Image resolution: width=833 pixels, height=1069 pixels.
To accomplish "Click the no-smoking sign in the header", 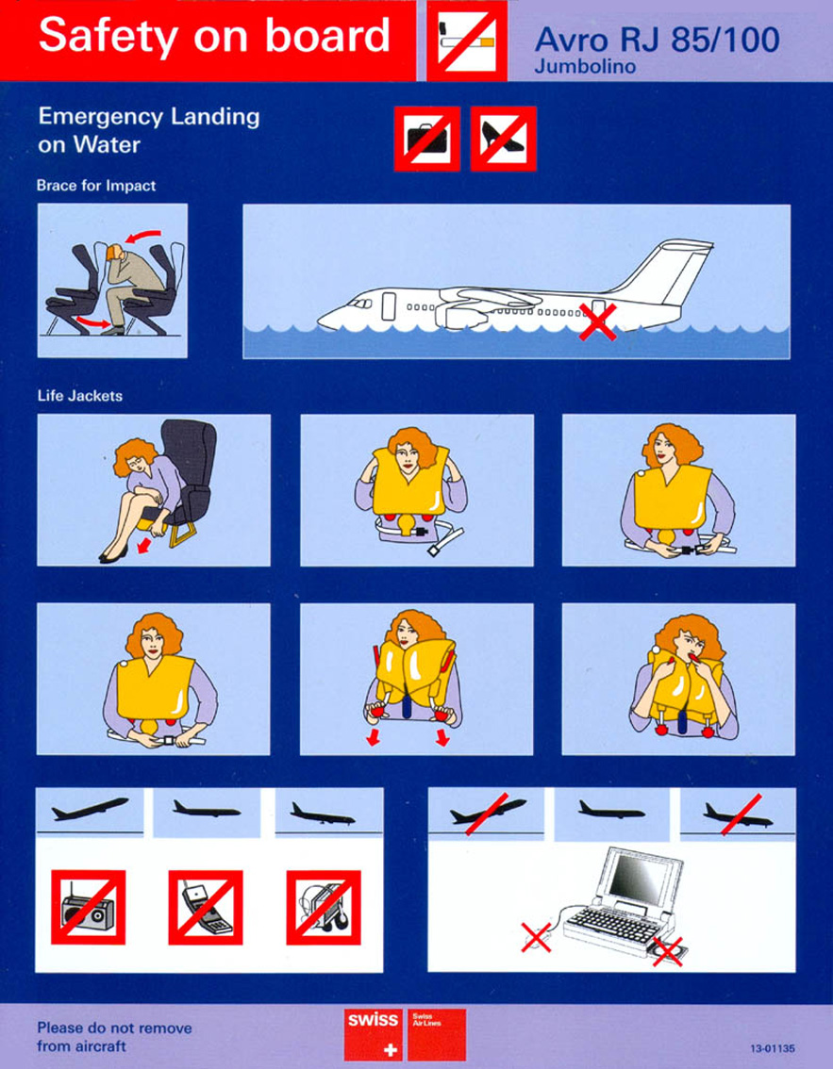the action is point(467,41).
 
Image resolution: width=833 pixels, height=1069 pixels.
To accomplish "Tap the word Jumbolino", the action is point(585,67).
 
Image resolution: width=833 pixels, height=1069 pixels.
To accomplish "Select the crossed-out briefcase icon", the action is point(427,139).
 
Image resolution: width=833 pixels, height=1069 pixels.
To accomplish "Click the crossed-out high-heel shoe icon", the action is point(503,139).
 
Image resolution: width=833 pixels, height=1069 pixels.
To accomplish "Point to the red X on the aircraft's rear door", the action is point(598,321).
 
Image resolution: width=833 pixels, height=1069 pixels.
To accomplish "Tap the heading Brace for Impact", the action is point(96,186).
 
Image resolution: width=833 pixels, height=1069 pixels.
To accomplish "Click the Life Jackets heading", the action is point(80,395).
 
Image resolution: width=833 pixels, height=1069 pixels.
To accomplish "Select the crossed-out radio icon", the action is point(88,907).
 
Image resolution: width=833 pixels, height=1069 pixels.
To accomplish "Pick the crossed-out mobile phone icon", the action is point(206,907).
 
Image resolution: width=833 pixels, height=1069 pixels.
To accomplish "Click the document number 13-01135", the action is point(773,1048).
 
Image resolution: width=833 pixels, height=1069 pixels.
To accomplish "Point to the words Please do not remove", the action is point(114,1028).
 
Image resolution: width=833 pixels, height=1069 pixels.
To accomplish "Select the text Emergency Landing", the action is point(149,117).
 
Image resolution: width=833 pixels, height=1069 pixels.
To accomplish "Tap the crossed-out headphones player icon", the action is point(324,907).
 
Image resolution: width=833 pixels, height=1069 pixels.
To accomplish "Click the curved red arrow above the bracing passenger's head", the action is point(144,237).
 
